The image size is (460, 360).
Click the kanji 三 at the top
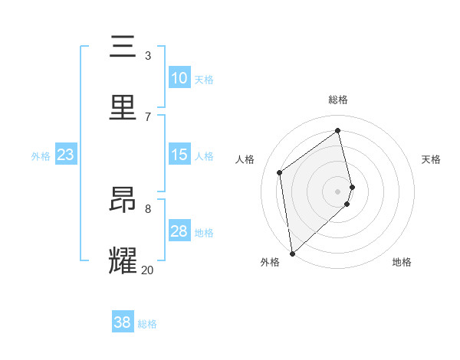[x=123, y=47]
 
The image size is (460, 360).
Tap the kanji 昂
[x=123, y=200]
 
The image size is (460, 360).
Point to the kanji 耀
[x=123, y=260]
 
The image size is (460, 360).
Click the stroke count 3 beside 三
[x=147, y=55]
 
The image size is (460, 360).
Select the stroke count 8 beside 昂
[x=147, y=208]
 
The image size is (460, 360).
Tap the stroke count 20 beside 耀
[x=147, y=269]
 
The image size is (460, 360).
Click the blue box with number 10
[x=179, y=78]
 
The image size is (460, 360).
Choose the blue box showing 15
[x=179, y=155]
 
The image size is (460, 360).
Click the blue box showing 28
[x=179, y=231]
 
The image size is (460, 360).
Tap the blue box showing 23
[x=66, y=155]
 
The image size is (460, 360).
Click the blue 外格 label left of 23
[x=41, y=156]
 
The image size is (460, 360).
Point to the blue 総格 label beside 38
[x=148, y=324]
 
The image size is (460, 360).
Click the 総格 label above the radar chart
[x=338, y=100]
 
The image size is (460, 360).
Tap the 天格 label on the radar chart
[x=432, y=159]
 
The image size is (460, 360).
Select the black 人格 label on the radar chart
[x=245, y=159]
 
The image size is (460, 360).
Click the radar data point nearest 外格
[x=291, y=253]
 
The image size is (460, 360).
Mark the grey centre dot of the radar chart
[x=338, y=191]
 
